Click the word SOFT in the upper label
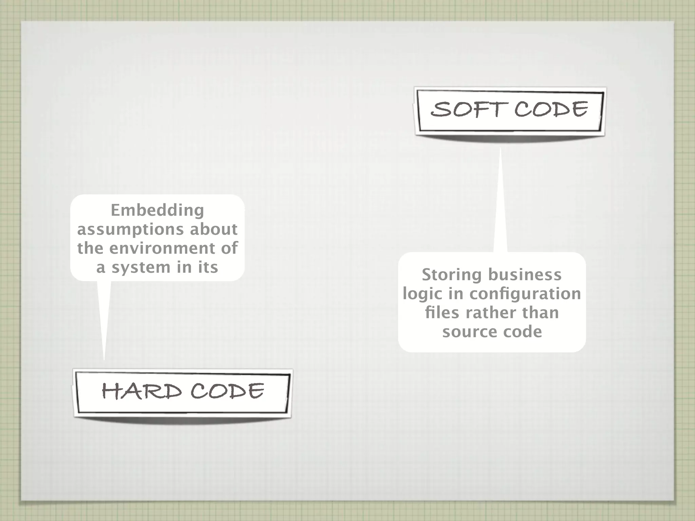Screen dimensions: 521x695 pos(468,110)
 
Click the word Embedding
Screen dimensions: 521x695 pos(157,210)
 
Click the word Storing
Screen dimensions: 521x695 pos(451,275)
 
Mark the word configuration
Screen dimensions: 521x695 pos(525,294)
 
